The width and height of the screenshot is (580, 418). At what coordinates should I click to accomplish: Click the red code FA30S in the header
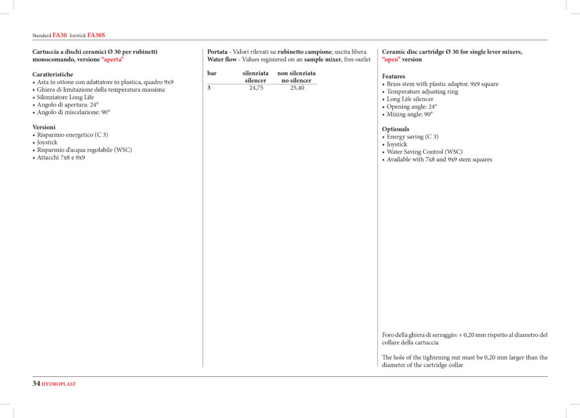pyautogui.click(x=96, y=35)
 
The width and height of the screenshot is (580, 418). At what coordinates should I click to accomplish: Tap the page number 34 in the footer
pyautogui.click(x=36, y=383)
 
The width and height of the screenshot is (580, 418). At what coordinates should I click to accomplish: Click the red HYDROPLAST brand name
pyautogui.click(x=59, y=384)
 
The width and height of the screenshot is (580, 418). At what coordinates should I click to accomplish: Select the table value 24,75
pyautogui.click(x=256, y=88)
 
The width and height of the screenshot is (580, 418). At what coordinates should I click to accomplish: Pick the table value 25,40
pyautogui.click(x=297, y=88)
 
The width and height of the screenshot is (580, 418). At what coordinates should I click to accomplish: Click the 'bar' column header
pyautogui.click(x=212, y=73)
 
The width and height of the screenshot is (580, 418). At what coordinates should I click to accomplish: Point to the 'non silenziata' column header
pyautogui.click(x=296, y=73)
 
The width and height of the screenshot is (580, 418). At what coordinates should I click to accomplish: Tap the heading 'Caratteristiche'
pyautogui.click(x=53, y=74)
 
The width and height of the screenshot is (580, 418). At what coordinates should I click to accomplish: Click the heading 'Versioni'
pyautogui.click(x=44, y=127)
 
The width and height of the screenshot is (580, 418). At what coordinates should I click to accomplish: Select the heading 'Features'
pyautogui.click(x=394, y=76)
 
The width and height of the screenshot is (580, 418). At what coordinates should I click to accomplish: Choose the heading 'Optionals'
pyautogui.click(x=395, y=129)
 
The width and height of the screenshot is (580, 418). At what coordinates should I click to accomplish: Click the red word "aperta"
pyautogui.click(x=112, y=59)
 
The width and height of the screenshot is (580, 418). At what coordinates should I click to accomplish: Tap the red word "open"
pyautogui.click(x=391, y=59)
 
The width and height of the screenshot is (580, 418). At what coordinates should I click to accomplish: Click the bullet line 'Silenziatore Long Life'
pyautogui.click(x=66, y=97)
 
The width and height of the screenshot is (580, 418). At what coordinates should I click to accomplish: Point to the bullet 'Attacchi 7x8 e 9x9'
pyautogui.click(x=61, y=157)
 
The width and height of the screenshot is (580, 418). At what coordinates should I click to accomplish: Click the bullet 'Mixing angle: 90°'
pyautogui.click(x=410, y=114)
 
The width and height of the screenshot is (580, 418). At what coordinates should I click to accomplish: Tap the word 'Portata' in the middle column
pyautogui.click(x=217, y=52)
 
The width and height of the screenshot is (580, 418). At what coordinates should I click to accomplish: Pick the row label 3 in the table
pyautogui.click(x=209, y=88)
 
